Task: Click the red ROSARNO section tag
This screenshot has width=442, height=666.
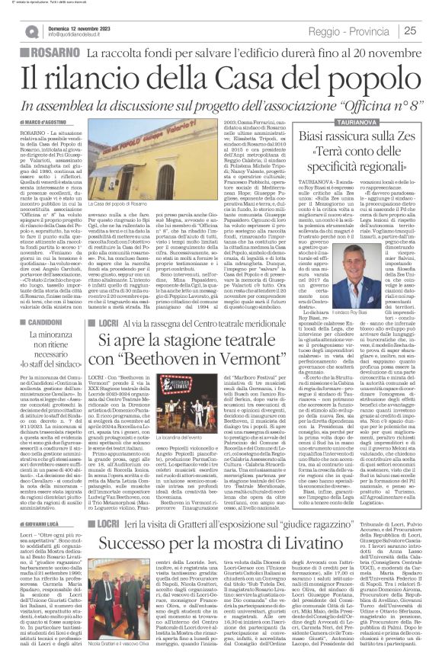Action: (x=40, y=54)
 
